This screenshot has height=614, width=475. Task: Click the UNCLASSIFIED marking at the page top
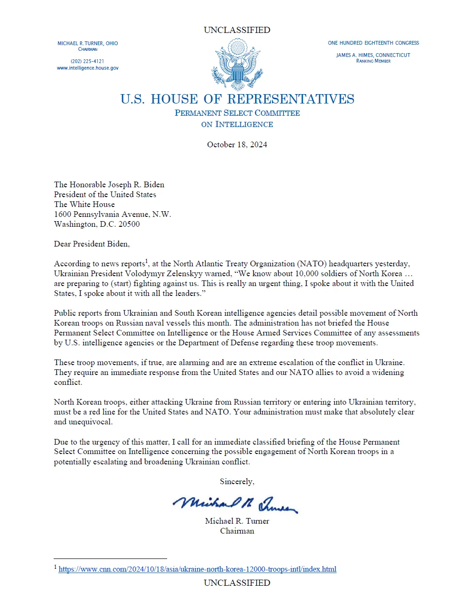[x=237, y=30]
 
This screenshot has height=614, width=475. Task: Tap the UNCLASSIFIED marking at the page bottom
[x=237, y=583]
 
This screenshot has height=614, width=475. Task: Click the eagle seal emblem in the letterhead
[x=237, y=64]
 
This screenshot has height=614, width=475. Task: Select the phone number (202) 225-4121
[x=88, y=61]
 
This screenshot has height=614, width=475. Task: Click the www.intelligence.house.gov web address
[x=88, y=68]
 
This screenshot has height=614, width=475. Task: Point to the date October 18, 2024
[x=237, y=145]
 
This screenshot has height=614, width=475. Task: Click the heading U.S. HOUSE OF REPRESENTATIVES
[x=237, y=99]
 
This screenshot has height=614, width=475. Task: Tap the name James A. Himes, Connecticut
[x=373, y=55]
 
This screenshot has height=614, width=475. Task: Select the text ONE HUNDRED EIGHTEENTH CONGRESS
[x=373, y=43]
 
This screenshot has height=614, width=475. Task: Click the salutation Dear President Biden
[x=92, y=244]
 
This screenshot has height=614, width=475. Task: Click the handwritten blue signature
[x=235, y=504]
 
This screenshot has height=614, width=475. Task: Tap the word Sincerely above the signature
[x=237, y=482]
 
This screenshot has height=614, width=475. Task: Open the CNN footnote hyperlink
[x=197, y=569]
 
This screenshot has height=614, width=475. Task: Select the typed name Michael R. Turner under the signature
[x=237, y=521]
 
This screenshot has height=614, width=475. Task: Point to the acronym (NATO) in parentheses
[x=311, y=264]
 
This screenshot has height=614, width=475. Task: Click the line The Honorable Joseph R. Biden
[x=109, y=185]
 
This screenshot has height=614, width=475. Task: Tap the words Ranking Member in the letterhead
[x=373, y=61]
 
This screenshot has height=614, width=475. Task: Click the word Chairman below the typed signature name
[x=237, y=531]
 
